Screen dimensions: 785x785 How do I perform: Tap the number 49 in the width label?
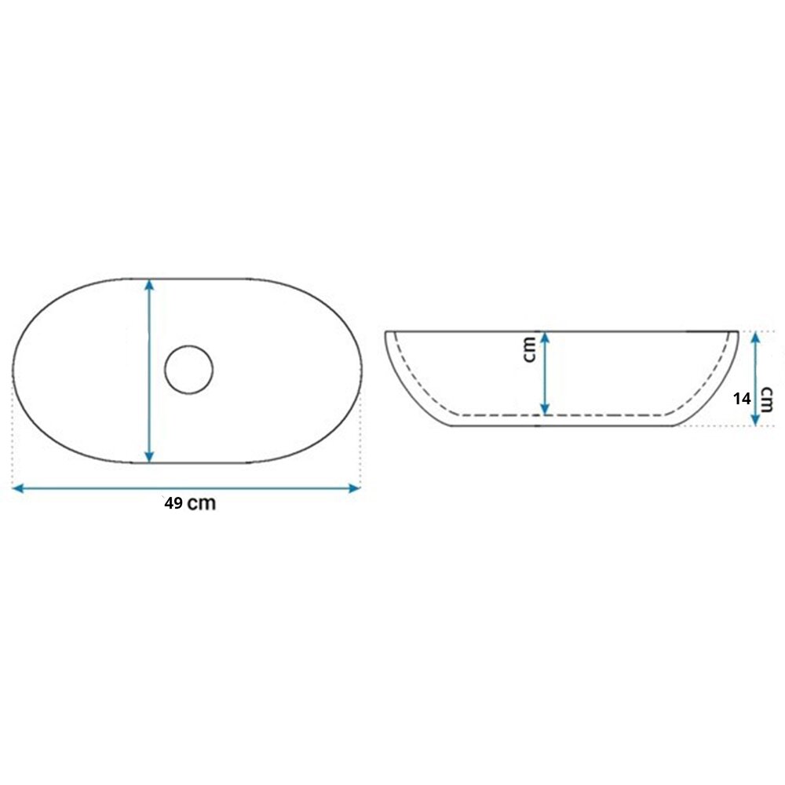coord(173,503)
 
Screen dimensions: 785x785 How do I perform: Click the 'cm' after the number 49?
coord(202,504)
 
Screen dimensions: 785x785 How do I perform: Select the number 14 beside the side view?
coord(742,399)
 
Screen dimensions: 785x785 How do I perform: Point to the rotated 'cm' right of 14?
coord(766,400)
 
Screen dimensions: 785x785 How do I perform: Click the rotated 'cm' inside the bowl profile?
coord(528,349)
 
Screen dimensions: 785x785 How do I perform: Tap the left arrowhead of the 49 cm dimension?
coord(17,488)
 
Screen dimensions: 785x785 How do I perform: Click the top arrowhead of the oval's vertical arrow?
coord(148,284)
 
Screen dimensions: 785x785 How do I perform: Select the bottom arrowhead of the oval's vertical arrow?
coord(148,457)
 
